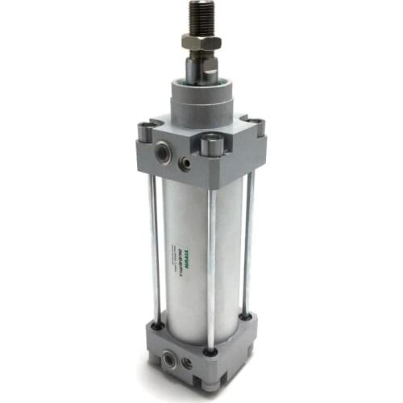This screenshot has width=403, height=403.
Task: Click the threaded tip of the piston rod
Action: pos(198,16)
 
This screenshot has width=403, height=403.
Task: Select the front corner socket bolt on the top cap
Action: pos(210,146)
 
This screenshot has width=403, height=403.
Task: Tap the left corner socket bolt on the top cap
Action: pos(146,127)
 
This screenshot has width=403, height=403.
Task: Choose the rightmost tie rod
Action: pos(249,242)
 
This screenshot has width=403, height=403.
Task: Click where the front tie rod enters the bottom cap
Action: pos(211,351)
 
